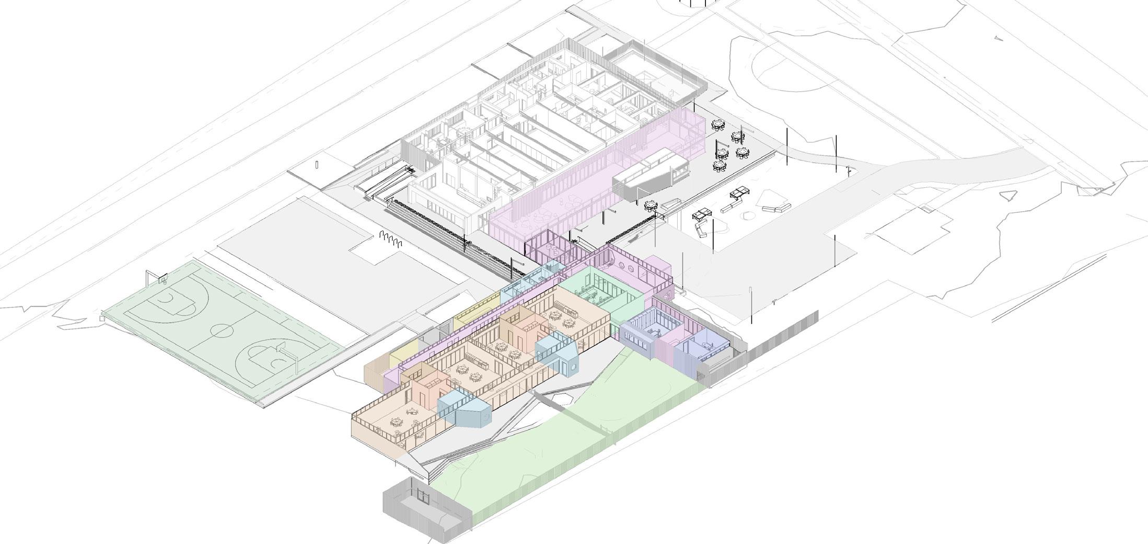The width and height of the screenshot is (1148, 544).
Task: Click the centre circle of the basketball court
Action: coord(222,331)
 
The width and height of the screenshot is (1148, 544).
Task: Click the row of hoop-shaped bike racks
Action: coord(391,240)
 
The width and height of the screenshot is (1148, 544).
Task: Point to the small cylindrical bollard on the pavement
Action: coord(317,165)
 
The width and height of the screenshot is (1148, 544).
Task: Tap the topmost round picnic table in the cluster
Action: coord(718,125)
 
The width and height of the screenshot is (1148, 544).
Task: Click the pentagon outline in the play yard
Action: coord(774,198)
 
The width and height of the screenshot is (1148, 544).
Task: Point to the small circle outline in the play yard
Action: coord(748,214)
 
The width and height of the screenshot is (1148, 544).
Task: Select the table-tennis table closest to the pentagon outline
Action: coord(738,193)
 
